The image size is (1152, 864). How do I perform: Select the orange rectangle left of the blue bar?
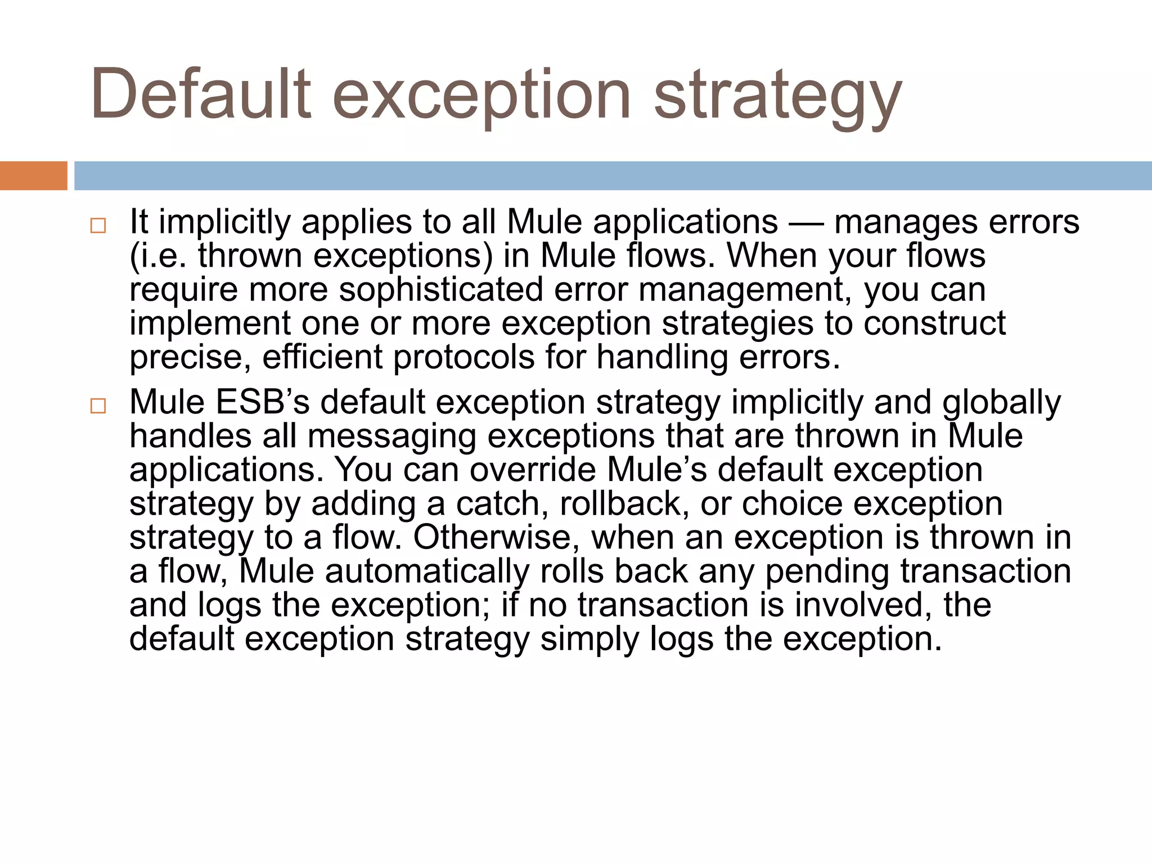pyautogui.click(x=33, y=175)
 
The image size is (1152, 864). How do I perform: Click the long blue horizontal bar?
pyautogui.click(x=613, y=175)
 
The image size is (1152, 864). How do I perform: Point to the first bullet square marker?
pyautogui.click(x=98, y=226)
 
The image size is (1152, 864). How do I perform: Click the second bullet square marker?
pyautogui.click(x=98, y=406)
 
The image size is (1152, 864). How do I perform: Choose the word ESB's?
pyautogui.click(x=262, y=402)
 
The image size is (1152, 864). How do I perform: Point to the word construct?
pyautogui.click(x=934, y=323)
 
